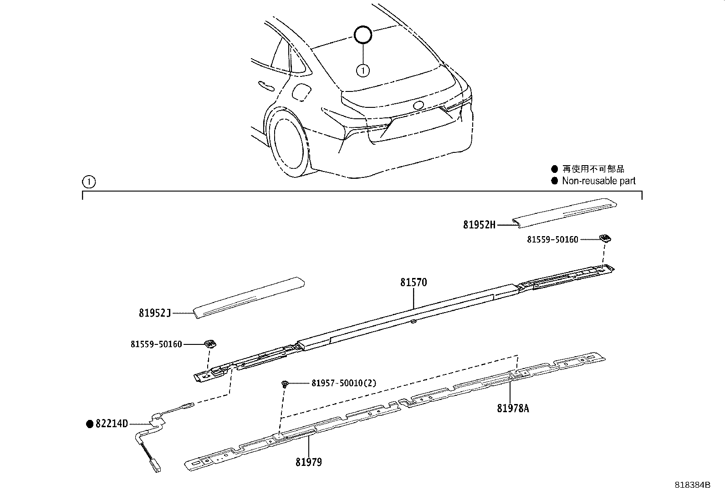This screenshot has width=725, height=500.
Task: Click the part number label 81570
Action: point(414,283)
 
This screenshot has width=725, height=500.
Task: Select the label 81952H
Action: point(479,225)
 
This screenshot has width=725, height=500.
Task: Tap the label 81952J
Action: point(155,313)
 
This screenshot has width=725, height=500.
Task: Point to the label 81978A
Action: point(513,408)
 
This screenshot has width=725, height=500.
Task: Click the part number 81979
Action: point(308,462)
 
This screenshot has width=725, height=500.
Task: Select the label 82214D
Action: point(112,424)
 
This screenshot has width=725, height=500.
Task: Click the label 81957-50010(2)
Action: point(344,383)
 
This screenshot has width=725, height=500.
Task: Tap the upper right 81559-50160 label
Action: point(552,239)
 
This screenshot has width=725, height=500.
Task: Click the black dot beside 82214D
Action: point(90,424)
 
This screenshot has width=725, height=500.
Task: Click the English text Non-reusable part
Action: point(598,181)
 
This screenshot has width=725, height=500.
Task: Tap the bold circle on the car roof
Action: point(363,35)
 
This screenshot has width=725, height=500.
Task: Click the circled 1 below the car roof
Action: point(363,71)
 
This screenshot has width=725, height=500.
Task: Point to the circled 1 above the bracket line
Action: point(89,182)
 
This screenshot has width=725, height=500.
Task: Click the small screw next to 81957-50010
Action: point(284,384)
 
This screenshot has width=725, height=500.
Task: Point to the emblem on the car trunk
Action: point(418,105)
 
